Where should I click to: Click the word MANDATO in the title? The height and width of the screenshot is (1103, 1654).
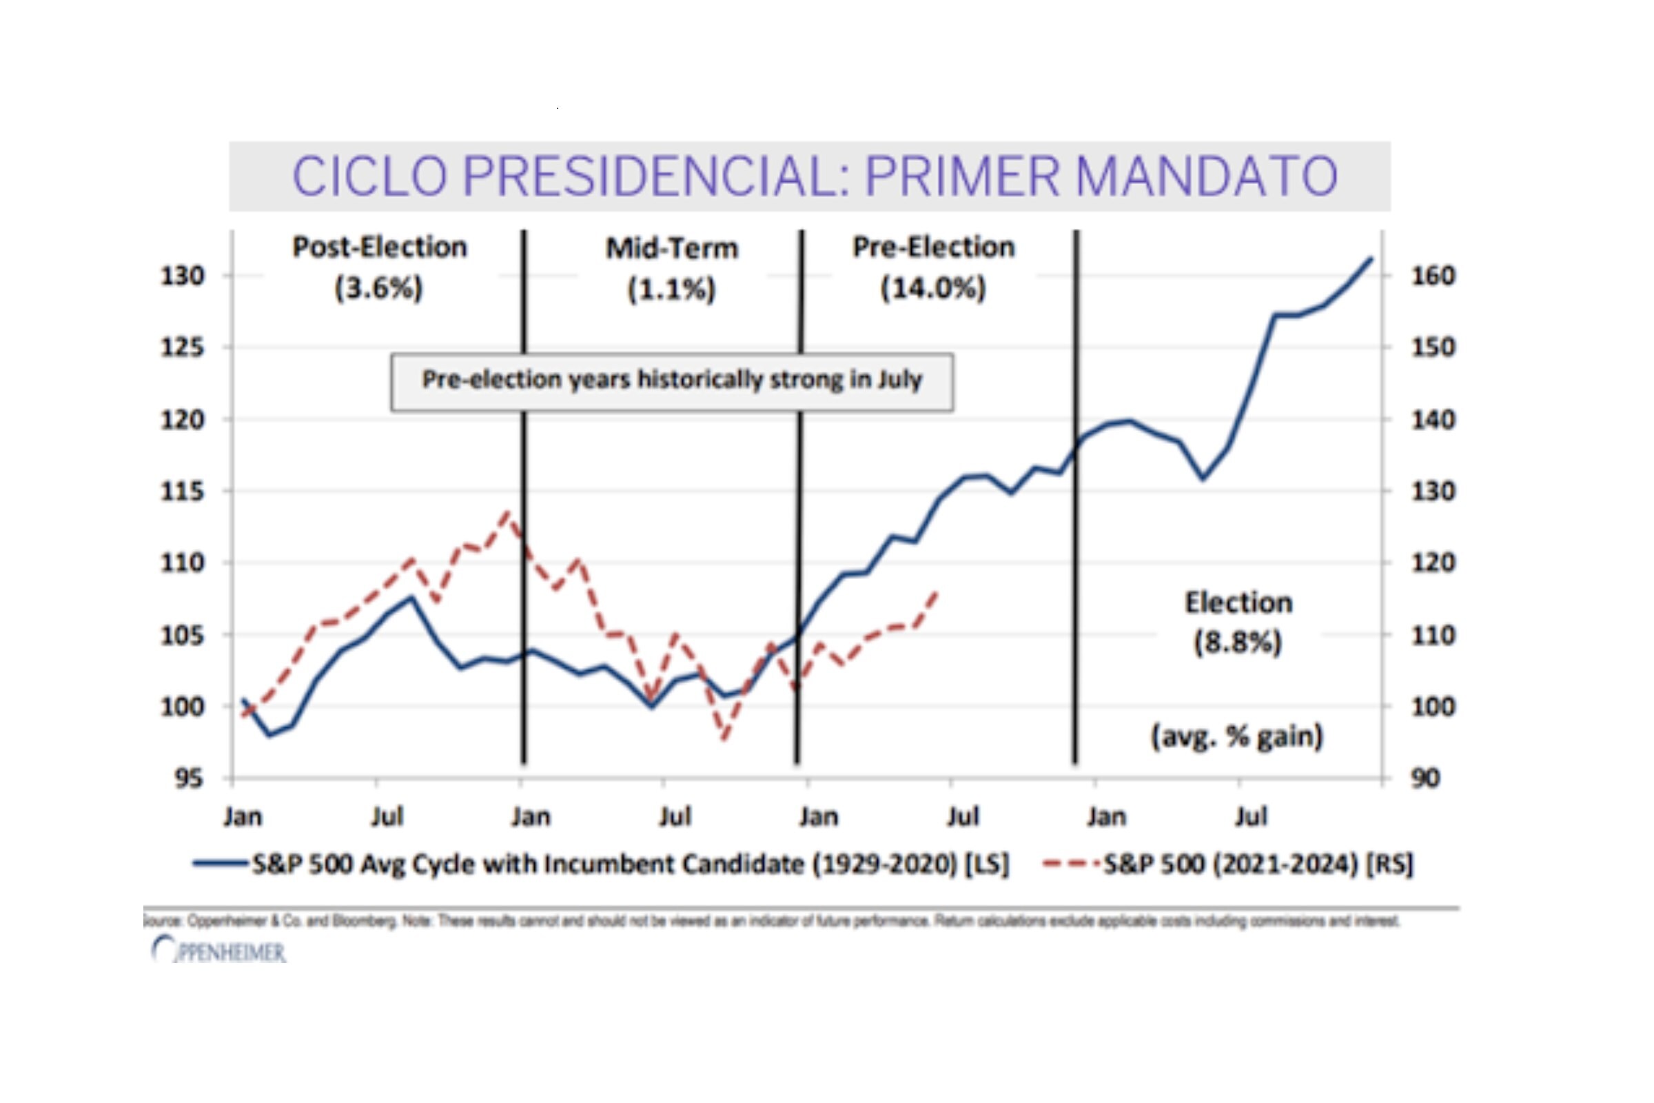(1206, 176)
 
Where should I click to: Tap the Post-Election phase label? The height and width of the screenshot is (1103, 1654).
(380, 247)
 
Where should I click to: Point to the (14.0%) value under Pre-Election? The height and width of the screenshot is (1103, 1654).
(933, 288)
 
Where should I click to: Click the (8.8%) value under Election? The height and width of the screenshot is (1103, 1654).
(1238, 642)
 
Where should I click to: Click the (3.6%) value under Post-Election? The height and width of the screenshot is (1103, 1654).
(379, 288)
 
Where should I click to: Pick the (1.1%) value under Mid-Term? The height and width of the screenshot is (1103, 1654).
(671, 289)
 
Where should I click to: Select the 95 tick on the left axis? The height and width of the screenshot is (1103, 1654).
(188, 779)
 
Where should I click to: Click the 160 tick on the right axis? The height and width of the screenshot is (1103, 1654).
(1433, 276)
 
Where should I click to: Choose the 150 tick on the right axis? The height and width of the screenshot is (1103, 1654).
(1433, 347)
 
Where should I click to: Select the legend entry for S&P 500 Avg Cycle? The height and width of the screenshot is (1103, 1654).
(630, 864)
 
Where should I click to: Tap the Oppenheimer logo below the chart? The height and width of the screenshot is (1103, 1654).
(219, 951)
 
